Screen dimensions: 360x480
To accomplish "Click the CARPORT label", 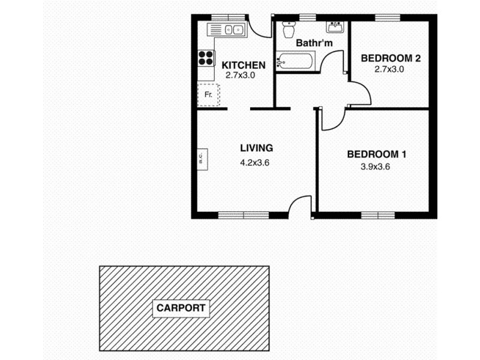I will click(x=181, y=308).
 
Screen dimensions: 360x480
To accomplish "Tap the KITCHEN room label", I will click(x=243, y=65).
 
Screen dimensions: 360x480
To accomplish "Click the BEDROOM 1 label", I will click(x=377, y=154).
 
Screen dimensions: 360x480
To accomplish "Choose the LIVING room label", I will click(x=256, y=148).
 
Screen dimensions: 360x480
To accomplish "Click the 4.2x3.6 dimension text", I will click(x=255, y=161).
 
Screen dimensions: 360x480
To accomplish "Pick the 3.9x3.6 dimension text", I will click(x=375, y=167).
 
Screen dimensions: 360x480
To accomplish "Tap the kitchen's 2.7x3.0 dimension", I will click(x=240, y=76).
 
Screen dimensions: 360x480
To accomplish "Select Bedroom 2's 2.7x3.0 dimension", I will click(x=389, y=69).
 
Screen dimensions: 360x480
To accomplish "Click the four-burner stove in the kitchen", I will click(x=206, y=57).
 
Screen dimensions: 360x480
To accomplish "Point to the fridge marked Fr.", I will click(x=209, y=95).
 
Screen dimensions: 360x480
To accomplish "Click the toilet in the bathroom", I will click(x=288, y=28).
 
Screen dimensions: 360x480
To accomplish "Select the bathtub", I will click(x=295, y=61).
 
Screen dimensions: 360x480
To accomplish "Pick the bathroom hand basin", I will click(x=334, y=27).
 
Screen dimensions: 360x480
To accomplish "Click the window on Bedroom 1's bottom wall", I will click(x=377, y=215).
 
